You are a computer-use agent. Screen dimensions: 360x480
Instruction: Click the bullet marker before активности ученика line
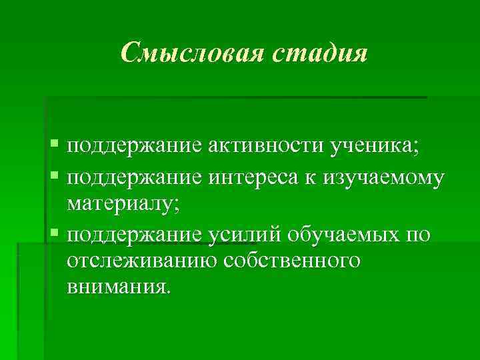coord(54,145)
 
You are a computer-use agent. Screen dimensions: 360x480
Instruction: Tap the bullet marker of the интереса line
coord(54,175)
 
